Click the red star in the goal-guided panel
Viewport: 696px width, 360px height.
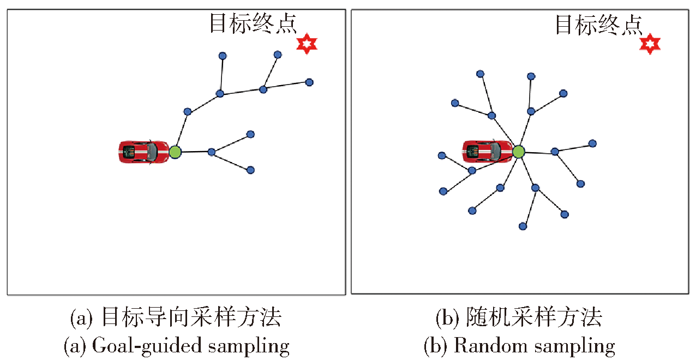tap(307, 44)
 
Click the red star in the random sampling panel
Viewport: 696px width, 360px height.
tap(650, 44)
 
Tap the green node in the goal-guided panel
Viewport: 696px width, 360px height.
tap(175, 152)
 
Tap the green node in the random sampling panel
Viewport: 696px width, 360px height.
tap(518, 152)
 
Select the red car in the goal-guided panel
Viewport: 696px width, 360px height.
tap(144, 152)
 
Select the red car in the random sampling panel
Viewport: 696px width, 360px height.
tap(487, 152)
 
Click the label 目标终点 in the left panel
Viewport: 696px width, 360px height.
tap(253, 23)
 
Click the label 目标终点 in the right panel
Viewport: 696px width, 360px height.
tap(599, 25)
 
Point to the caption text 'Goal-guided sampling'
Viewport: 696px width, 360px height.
tap(191, 346)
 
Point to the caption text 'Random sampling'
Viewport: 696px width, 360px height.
tap(535, 346)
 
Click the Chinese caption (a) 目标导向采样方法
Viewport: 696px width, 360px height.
tap(176, 317)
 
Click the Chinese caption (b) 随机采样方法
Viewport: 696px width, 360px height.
tap(519, 317)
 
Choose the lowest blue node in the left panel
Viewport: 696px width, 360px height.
tap(250, 170)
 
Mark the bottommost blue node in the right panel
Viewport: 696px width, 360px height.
tap(523, 226)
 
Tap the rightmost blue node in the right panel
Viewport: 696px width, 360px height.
tap(592, 143)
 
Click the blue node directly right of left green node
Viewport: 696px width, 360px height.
tap(211, 152)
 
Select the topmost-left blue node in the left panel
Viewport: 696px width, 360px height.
tap(223, 56)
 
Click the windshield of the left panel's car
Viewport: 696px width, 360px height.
tap(152, 152)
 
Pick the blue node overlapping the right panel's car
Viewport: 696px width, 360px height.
tap(472, 170)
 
